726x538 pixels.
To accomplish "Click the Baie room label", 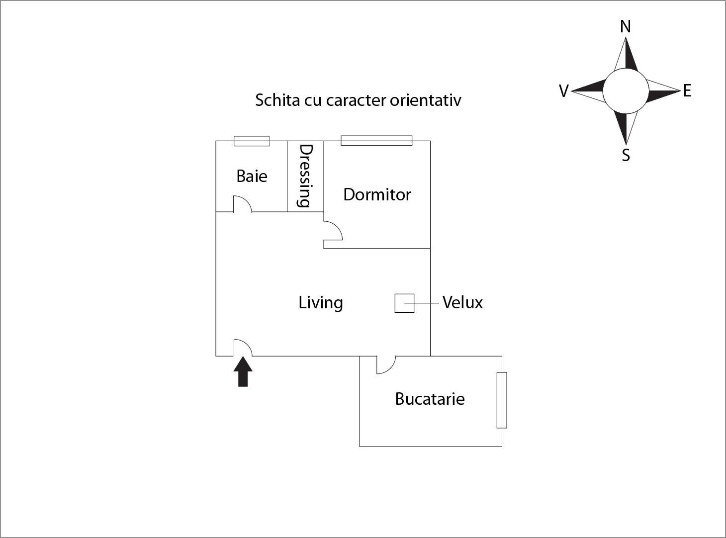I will (x=252, y=176).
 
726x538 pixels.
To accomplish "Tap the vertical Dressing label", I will (x=305, y=176).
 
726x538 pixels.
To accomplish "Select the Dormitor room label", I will (x=377, y=194).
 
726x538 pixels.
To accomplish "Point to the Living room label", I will (x=321, y=302).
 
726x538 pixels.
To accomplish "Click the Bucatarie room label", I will (x=430, y=399).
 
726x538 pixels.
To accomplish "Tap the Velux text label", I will (x=462, y=302).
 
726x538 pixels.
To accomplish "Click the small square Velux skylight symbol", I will (x=404, y=303).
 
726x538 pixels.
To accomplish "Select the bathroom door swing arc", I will (x=242, y=204).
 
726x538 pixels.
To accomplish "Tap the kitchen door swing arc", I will (x=386, y=365).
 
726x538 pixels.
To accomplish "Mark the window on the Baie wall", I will (x=252, y=141).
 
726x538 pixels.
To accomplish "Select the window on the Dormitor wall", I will (x=376, y=141).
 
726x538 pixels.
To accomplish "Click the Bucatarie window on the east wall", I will (x=502, y=400).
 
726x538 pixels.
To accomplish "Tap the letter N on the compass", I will (x=626, y=26).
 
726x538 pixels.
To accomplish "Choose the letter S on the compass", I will (x=626, y=156).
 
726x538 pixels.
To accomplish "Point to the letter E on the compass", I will (x=687, y=91).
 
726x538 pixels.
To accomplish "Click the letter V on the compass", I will (x=563, y=91).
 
